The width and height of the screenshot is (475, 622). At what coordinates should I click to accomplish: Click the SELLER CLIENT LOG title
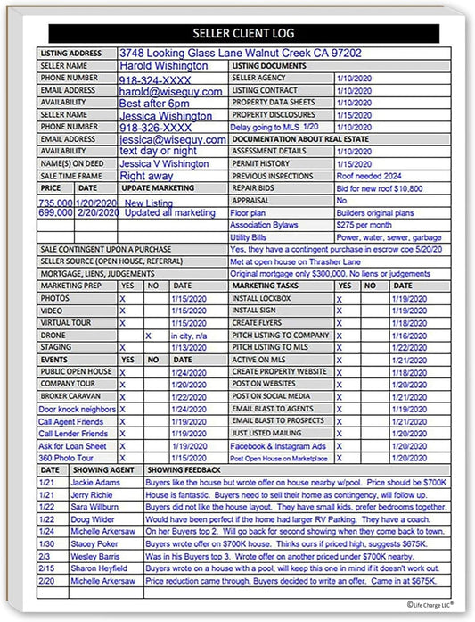(238, 34)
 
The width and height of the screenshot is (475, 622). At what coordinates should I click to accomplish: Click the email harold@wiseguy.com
(170, 91)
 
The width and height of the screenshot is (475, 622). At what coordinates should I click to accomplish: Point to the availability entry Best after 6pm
(154, 104)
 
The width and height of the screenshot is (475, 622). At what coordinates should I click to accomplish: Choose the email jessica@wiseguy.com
(172, 140)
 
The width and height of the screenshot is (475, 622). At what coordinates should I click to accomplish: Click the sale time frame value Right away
(146, 177)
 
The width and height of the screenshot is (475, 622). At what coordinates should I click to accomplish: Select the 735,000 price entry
(55, 203)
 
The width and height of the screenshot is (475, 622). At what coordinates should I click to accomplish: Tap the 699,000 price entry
(55, 213)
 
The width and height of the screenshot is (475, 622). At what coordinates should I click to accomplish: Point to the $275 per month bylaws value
(364, 226)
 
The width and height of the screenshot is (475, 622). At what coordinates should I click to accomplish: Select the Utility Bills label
(250, 238)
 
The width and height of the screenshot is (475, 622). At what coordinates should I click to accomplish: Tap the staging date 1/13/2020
(188, 347)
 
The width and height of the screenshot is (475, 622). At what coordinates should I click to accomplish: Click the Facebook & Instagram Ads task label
(278, 445)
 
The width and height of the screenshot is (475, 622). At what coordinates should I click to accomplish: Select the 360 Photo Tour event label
(66, 458)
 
